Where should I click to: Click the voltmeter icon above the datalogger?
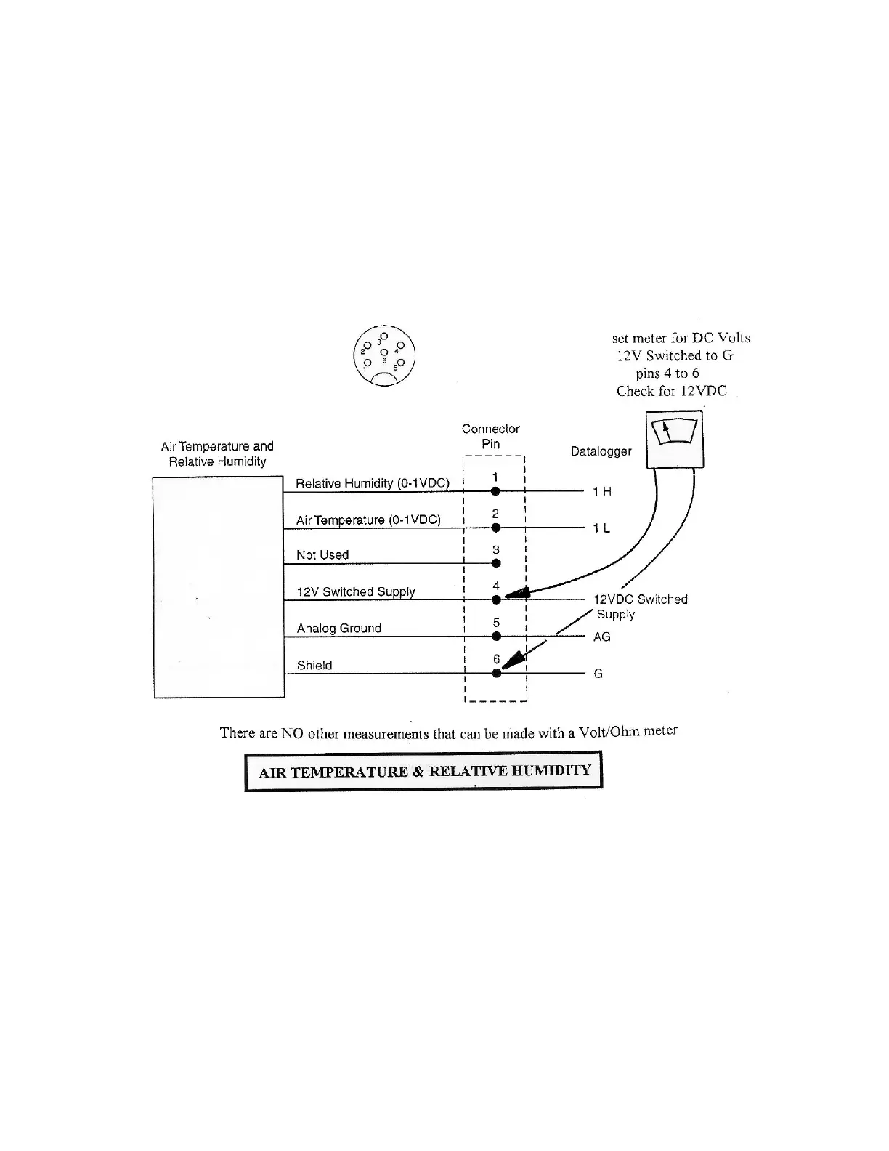click(x=675, y=439)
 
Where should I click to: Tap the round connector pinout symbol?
click(x=383, y=355)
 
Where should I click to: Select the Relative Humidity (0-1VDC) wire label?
click(x=373, y=483)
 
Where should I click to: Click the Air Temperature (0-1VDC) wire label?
click(x=368, y=520)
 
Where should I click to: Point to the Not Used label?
click(x=322, y=554)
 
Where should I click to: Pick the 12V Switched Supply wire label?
click(x=356, y=591)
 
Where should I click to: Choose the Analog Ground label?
click(x=338, y=628)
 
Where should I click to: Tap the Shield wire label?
click(x=314, y=665)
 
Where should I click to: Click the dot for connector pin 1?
click(x=495, y=491)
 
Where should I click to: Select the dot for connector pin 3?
click(x=496, y=563)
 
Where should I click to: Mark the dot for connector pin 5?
click(x=496, y=637)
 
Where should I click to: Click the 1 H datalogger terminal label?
click(x=602, y=492)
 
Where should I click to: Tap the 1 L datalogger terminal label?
click(x=601, y=528)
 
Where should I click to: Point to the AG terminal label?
click(x=602, y=637)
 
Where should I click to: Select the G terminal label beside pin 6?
click(x=598, y=674)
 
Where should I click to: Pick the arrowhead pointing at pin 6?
click(x=513, y=658)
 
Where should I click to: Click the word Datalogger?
click(x=601, y=451)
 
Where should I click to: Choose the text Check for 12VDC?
click(x=671, y=391)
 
